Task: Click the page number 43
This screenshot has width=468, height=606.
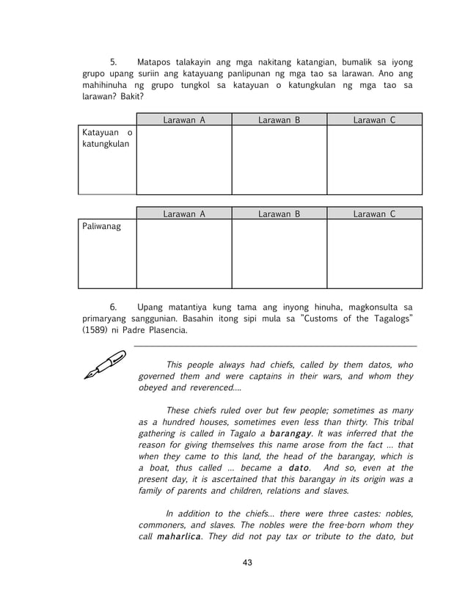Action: click(247, 563)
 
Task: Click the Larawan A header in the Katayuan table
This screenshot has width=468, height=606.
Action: click(183, 119)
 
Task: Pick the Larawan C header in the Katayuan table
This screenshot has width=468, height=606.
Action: click(374, 119)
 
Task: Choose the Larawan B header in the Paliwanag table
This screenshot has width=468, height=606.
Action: click(279, 213)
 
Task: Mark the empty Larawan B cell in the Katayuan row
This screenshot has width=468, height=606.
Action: click(279, 159)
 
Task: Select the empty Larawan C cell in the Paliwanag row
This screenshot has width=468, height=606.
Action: click(374, 254)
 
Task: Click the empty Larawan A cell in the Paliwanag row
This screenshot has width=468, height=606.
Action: click(183, 254)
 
